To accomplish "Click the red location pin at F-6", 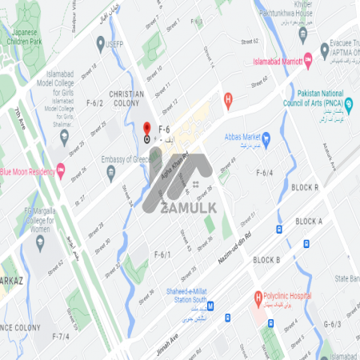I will (146, 128).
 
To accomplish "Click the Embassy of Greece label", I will (126, 159).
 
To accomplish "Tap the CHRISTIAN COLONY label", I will (126, 98).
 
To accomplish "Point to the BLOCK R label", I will (305, 187).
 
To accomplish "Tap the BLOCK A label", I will (309, 221).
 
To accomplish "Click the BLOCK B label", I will (266, 260).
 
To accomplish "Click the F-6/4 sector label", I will (264, 172).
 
